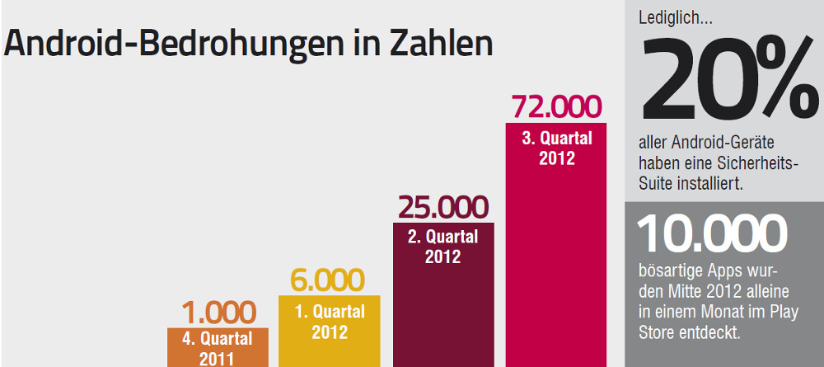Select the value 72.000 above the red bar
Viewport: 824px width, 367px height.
click(557, 106)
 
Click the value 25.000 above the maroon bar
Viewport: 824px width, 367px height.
click(443, 207)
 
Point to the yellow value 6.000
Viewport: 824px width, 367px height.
click(328, 280)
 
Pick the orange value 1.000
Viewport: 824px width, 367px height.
click(218, 313)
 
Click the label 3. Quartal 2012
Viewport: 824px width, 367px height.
click(557, 148)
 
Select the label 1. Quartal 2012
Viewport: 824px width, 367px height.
click(329, 322)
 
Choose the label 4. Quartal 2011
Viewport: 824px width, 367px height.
click(218, 348)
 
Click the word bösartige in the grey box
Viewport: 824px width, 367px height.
click(669, 272)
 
